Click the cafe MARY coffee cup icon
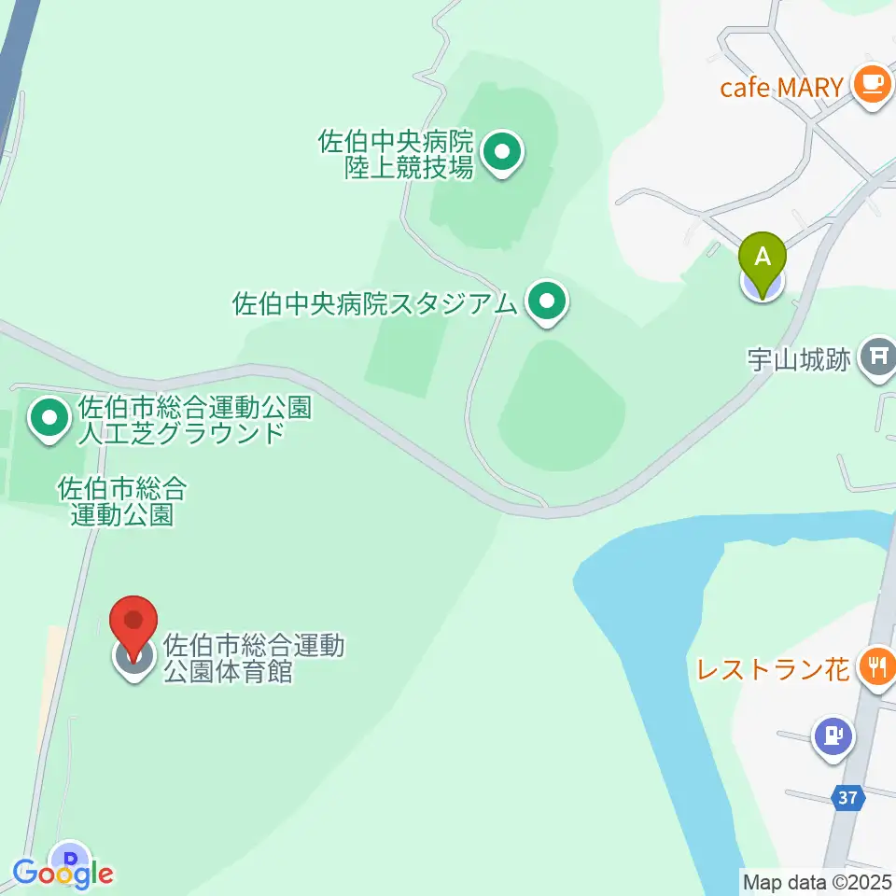tap(872, 85)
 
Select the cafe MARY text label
tap(782, 88)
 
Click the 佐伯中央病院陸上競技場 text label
tap(398, 155)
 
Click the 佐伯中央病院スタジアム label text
tap(373, 304)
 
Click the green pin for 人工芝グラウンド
tap(49, 419)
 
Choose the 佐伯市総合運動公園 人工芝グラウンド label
tap(181, 420)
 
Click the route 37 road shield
tap(847, 798)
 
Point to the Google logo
tap(63, 874)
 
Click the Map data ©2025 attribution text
tap(818, 881)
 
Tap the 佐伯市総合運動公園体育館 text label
tap(254, 658)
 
